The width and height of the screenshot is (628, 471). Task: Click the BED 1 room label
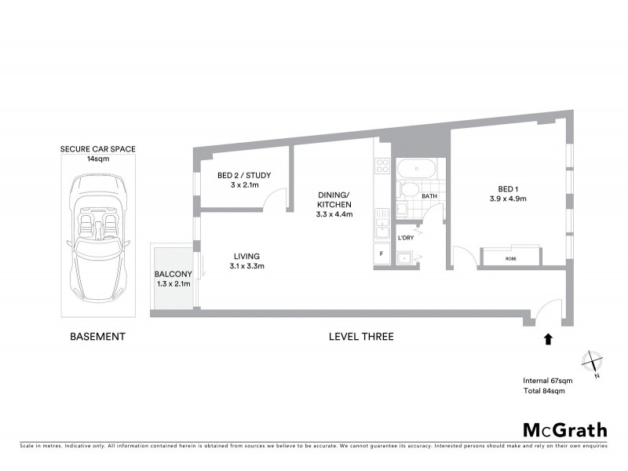point(508,188)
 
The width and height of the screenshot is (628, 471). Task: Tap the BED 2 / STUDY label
point(244,175)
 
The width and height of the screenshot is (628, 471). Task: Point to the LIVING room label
point(246,256)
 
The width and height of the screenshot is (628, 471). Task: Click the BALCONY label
point(173,274)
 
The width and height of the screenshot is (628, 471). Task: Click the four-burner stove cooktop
point(383,166)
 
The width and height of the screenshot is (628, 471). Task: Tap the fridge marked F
point(382,254)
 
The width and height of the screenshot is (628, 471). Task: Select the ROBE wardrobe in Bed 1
point(510,257)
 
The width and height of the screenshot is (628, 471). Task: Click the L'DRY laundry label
point(406,237)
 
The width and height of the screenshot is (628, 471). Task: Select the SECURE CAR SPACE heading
point(98,148)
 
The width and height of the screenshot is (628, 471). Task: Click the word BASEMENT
point(98,337)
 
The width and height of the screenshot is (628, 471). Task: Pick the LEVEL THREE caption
point(361,337)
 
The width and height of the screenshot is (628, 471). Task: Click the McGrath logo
point(565,429)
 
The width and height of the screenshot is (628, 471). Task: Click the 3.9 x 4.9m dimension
point(508,199)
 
